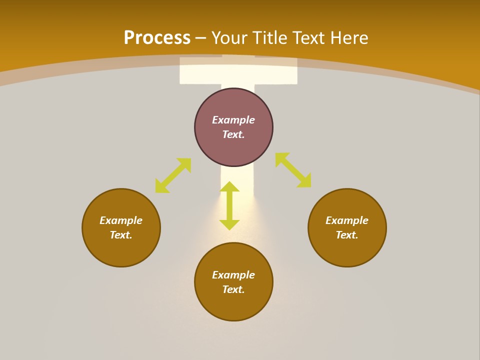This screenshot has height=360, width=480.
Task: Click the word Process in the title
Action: click(x=157, y=37)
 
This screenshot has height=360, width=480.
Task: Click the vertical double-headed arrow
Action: click(x=229, y=205)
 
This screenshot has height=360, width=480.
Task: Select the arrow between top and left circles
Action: click(x=173, y=175)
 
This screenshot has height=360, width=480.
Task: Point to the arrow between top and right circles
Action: click(x=293, y=170)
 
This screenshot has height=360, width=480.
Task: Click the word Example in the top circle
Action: click(x=233, y=120)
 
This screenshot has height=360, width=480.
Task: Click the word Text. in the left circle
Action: click(x=121, y=235)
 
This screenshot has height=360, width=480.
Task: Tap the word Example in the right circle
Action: click(x=347, y=220)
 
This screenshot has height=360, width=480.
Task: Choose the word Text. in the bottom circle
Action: click(x=233, y=289)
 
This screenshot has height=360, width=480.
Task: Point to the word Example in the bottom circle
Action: click(x=233, y=275)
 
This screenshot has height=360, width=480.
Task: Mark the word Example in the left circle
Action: click(x=121, y=220)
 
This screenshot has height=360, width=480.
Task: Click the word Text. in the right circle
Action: click(x=347, y=235)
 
